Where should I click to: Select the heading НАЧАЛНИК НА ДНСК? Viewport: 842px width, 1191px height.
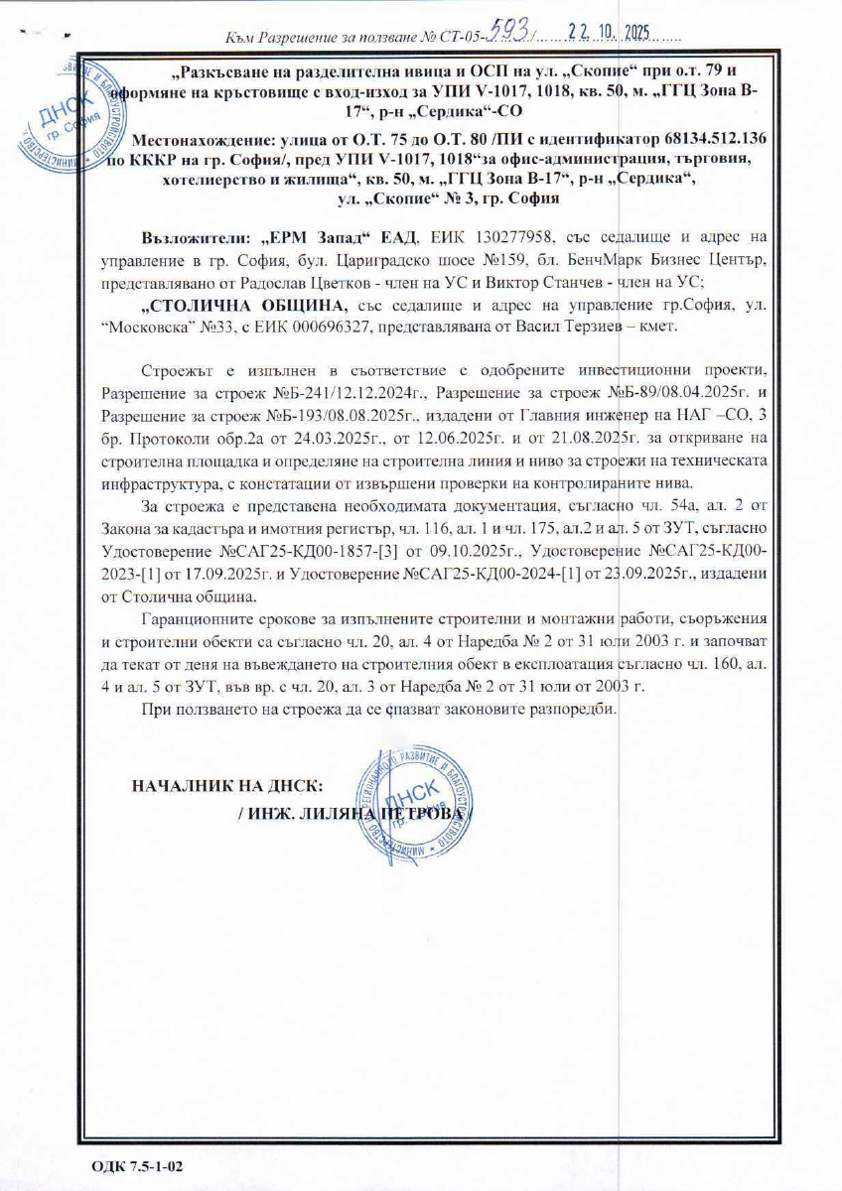coord(227,786)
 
